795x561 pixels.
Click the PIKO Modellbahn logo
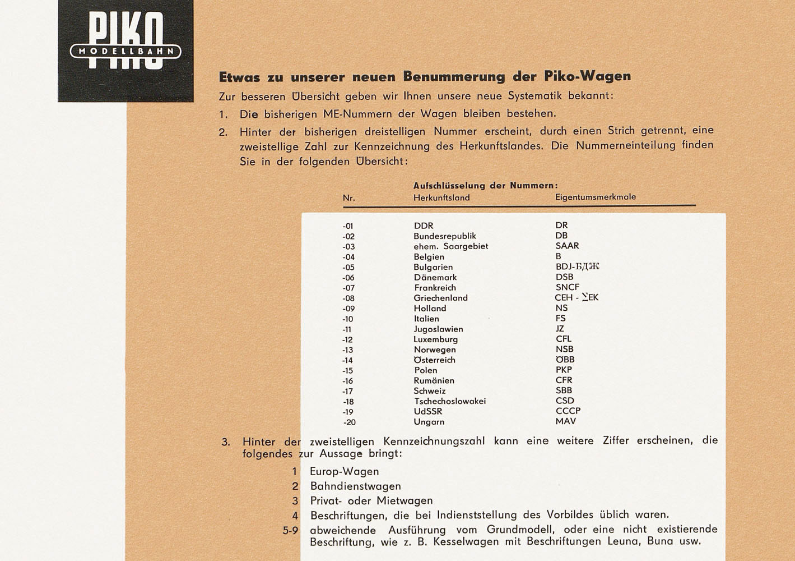[125, 50]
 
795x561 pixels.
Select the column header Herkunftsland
[441, 197]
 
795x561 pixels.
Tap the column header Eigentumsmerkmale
[596, 197]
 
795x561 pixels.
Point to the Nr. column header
[349, 198]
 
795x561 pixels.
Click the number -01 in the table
[348, 226]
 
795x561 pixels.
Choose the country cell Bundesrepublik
[445, 236]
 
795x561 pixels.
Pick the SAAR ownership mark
[567, 246]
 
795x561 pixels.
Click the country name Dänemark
[435, 277]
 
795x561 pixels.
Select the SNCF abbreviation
[567, 287]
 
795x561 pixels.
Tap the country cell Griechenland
[440, 298]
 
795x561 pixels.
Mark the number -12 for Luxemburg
[348, 339]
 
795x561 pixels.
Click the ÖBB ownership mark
[565, 360]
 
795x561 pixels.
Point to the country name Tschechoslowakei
[449, 401]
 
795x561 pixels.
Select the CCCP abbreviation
[568, 411]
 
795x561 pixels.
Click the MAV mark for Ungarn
[565, 421]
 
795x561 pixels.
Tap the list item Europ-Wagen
[345, 472]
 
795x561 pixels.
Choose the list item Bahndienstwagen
[355, 486]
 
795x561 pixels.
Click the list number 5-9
[291, 530]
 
